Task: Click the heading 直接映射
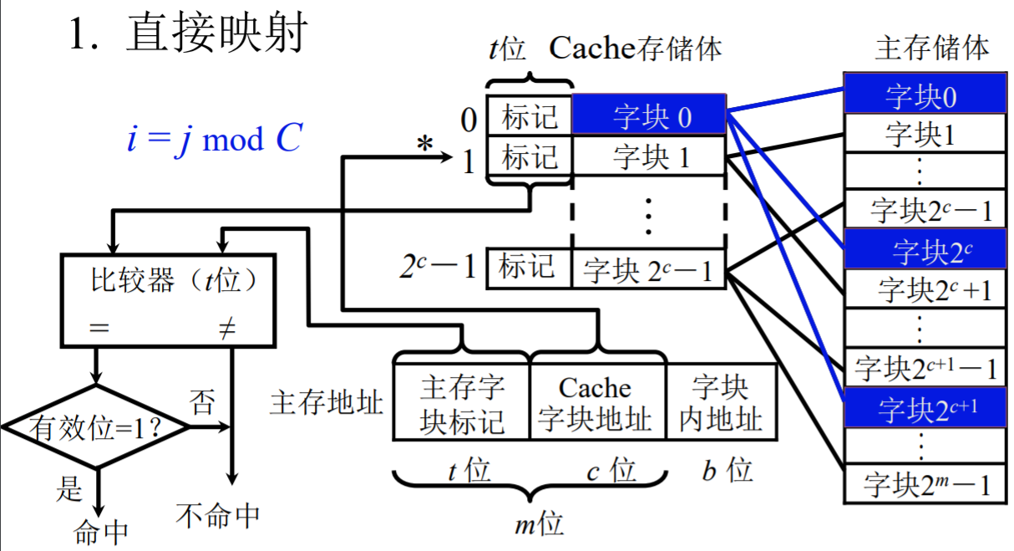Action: [x=217, y=35]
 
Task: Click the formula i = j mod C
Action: [x=213, y=139]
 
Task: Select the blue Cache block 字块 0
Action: [x=650, y=115]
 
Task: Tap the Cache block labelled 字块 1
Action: [x=650, y=156]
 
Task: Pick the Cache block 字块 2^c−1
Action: [x=650, y=269]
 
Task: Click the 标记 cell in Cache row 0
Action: [x=530, y=115]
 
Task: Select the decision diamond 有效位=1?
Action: [x=96, y=427]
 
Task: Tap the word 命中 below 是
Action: [x=101, y=532]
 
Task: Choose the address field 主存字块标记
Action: [x=462, y=403]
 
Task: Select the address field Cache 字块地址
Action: [x=597, y=403]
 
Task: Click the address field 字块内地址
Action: [x=722, y=403]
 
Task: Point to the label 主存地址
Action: [x=327, y=403]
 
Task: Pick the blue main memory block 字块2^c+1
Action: [x=922, y=408]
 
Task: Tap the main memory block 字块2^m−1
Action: [x=922, y=485]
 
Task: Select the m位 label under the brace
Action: [x=539, y=524]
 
